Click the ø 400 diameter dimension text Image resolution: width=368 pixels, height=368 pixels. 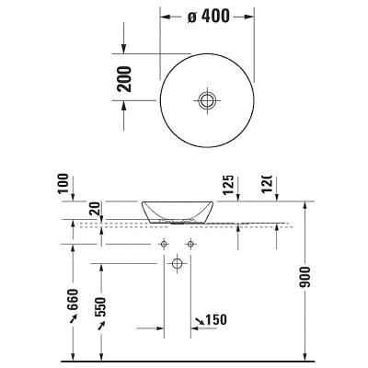210,17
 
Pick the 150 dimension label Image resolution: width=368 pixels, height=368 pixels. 217,319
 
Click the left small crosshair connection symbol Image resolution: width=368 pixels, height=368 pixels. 164,244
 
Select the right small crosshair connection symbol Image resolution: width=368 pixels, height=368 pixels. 190,244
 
